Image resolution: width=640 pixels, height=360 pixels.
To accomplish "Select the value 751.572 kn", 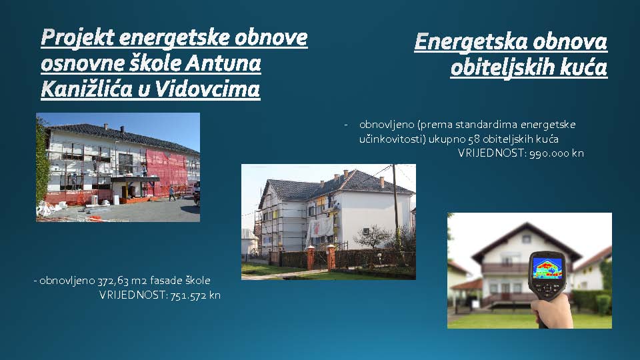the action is click(x=195, y=295).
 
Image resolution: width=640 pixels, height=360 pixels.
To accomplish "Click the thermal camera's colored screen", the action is click(x=547, y=268).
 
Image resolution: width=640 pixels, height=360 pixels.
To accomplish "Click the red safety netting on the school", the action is click(x=167, y=171).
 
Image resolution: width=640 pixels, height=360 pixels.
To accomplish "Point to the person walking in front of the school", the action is click(x=172, y=193).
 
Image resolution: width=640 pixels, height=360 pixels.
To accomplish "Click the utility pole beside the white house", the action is click(x=395, y=204).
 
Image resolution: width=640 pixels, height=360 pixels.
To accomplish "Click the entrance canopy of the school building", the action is click(x=135, y=179).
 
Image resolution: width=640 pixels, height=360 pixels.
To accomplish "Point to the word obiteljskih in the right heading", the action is click(x=503, y=68).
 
